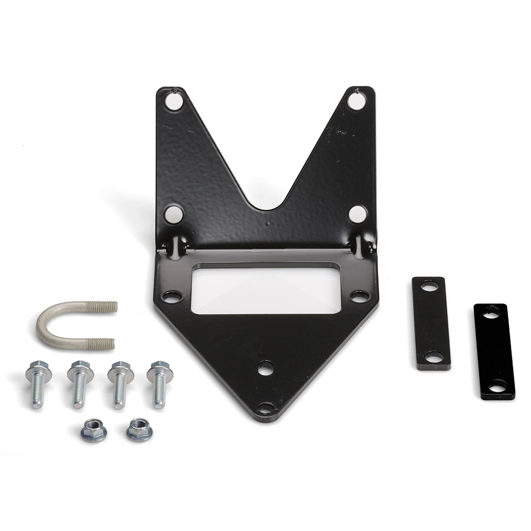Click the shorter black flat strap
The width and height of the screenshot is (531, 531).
(x=431, y=323)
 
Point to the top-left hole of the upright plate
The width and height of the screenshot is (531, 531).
(x=173, y=100)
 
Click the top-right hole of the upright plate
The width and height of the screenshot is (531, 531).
(x=356, y=100)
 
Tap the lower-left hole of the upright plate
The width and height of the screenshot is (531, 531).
(x=173, y=214)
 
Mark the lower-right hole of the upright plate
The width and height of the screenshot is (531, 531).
(x=357, y=214)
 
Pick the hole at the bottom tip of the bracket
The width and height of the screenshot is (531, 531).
(x=265, y=408)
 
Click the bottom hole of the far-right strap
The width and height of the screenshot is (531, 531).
(x=497, y=387)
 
